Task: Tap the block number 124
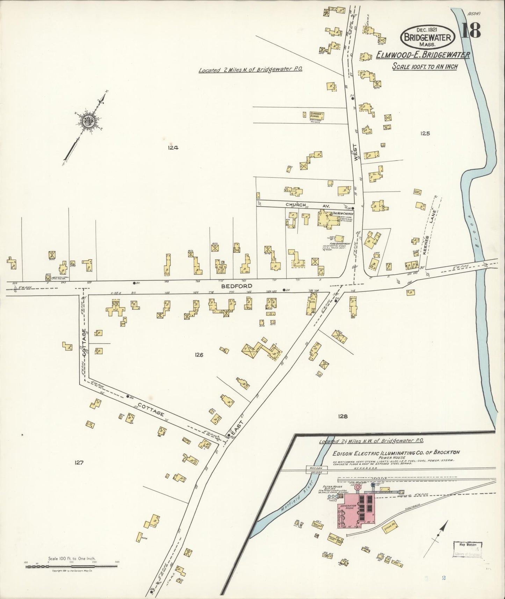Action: pos(173,147)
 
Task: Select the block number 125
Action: pos(425,133)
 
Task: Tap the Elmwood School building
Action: pos(317,115)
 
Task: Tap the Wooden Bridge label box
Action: pos(316,470)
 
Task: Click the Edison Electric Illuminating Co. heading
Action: pos(396,452)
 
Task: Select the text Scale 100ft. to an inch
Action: pos(425,66)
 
